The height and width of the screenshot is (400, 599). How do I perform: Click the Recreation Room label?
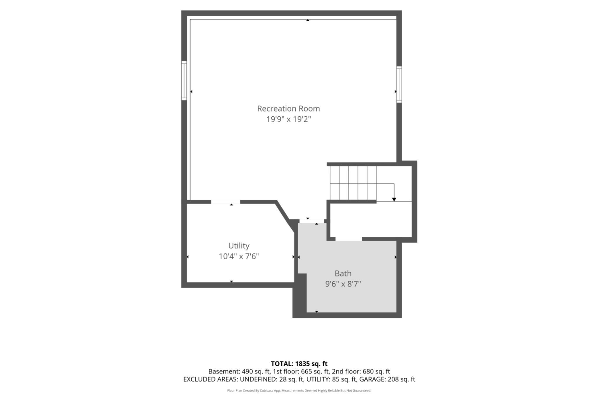tap(288, 109)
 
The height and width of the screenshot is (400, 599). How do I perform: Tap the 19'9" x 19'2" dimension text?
tap(288, 119)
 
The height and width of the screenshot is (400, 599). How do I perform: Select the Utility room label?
tap(239, 246)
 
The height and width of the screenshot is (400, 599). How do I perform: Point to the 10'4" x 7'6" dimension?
tap(239, 256)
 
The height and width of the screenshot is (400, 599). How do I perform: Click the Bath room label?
tap(343, 273)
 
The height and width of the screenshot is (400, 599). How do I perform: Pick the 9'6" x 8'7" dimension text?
tap(343, 284)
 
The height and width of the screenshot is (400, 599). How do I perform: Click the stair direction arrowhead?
tap(394, 200)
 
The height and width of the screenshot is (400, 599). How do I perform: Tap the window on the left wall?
tap(184, 81)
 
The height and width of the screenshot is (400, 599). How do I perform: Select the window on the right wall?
tap(399, 84)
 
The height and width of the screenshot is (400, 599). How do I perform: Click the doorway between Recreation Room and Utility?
tap(226, 202)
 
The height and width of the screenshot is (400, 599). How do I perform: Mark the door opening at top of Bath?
tap(312, 221)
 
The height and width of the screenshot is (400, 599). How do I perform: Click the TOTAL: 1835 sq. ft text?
tap(299, 364)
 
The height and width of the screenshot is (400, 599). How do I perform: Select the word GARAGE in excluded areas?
tap(372, 379)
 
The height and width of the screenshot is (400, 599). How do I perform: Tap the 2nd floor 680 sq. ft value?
tap(376, 372)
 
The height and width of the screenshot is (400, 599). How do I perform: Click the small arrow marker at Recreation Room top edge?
tap(308, 20)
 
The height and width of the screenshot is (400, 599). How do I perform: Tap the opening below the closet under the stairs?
tap(349, 239)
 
